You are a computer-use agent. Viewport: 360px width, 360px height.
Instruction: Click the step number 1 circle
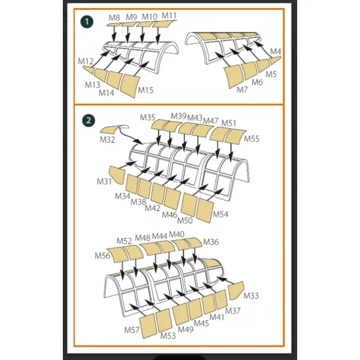pos(87,22)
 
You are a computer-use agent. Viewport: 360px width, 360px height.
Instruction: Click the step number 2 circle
pos(88,120)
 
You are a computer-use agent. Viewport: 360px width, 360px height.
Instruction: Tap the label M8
pos(115,18)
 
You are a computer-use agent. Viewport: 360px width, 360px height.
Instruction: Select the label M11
pos(170,16)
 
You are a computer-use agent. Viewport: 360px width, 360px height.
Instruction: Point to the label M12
pos(86,62)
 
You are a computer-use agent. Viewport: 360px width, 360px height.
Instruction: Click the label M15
pos(145,90)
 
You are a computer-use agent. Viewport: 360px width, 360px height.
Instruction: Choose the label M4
pos(276,52)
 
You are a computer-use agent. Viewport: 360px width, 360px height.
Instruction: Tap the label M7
pos(242,90)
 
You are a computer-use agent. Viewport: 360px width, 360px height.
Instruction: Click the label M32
pos(107,139)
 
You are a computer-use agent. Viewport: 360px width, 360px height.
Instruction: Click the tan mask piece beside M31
pos(117,175)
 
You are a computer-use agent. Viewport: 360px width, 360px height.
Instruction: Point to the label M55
pos(251,139)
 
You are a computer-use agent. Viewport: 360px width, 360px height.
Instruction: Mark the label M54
pos(221,215)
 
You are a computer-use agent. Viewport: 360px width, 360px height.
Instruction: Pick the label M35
pos(148,118)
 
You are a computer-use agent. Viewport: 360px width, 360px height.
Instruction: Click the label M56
pos(102,256)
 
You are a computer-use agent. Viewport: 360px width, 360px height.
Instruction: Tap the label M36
pos(211,242)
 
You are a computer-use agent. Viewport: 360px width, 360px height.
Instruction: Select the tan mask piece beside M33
pos(236,291)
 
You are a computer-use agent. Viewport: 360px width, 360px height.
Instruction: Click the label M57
pos(132,330)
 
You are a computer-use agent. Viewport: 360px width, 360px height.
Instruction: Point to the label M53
pos(168,336)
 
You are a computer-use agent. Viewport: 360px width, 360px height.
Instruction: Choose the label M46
pos(170,215)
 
